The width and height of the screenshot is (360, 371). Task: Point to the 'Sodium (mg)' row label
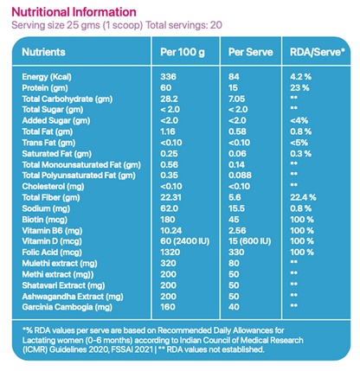point(48,208)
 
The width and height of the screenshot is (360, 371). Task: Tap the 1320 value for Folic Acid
point(170,252)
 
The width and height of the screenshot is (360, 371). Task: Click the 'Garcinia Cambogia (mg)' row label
point(66,305)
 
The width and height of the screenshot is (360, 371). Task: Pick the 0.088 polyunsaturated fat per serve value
point(243,175)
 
